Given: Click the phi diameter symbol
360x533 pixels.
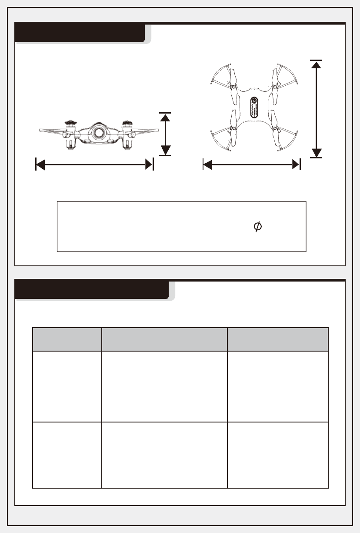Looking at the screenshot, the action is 257,226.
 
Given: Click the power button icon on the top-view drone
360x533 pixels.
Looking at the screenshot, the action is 254,103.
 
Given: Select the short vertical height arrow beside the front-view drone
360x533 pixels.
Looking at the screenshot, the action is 165,134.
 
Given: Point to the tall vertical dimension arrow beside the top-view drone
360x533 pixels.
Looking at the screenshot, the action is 317,108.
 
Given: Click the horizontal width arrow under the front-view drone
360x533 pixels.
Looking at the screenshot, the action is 94,164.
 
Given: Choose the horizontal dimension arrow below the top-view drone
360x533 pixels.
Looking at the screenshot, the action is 252,164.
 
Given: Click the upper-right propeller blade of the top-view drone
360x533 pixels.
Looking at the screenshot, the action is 275,78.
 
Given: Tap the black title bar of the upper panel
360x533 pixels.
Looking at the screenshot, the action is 80,34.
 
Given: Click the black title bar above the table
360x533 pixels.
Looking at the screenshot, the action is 91,290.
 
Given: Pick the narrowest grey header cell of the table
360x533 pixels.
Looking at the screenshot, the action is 67,339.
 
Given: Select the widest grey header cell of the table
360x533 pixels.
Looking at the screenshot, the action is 164,339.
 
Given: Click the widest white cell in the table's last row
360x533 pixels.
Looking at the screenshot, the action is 164,455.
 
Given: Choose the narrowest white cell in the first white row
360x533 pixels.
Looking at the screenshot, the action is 67,386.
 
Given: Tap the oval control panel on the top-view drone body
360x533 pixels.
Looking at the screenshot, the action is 254,108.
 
